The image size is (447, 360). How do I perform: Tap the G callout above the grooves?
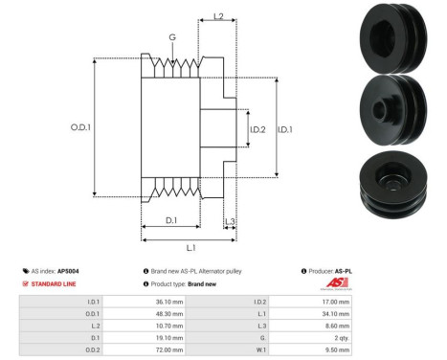pos(172,37)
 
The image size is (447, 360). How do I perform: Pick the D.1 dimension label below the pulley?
pos(170,220)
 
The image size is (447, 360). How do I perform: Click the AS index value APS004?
pos(68,271)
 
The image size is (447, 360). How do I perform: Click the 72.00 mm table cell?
pos(160,350)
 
